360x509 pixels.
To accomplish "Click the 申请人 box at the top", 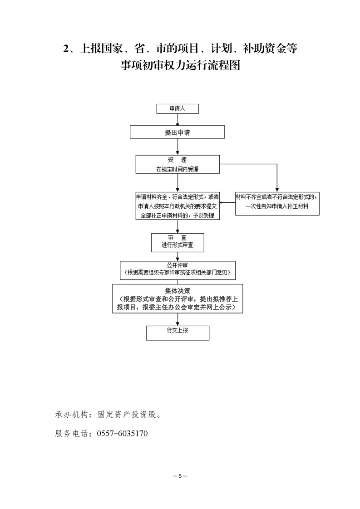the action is (x=178, y=109).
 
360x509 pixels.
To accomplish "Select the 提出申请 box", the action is (x=178, y=132).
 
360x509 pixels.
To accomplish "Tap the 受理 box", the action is (x=178, y=164).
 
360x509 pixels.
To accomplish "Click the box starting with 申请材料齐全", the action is (x=178, y=206).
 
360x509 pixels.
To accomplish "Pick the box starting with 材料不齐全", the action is (x=277, y=204).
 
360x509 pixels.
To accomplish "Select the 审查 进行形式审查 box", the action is (x=178, y=243).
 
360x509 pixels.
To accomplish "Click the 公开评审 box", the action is (x=178, y=270).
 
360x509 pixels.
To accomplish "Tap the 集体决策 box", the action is (x=178, y=299).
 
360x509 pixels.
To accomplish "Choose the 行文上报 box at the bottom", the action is (x=178, y=333).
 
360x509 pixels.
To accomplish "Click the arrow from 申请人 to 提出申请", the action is (x=178, y=120).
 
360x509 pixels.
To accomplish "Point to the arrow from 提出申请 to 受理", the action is (x=178, y=147).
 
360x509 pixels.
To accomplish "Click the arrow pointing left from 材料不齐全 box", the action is (x=227, y=203).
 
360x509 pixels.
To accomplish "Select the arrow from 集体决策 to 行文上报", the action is (x=178, y=319).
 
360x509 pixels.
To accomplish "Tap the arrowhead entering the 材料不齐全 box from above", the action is (x=277, y=190).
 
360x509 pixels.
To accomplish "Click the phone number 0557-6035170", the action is (x=122, y=433).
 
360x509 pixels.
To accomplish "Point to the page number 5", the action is (x=180, y=476).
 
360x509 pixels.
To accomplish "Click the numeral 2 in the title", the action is (x=66, y=49).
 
